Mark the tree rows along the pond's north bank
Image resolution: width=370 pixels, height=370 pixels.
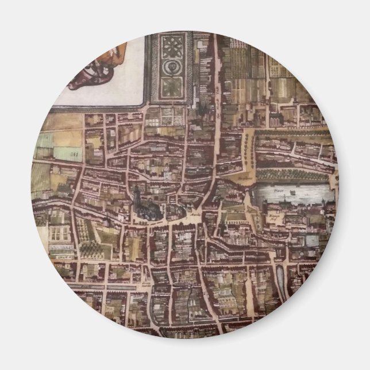pyautogui.click(x=287, y=176)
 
